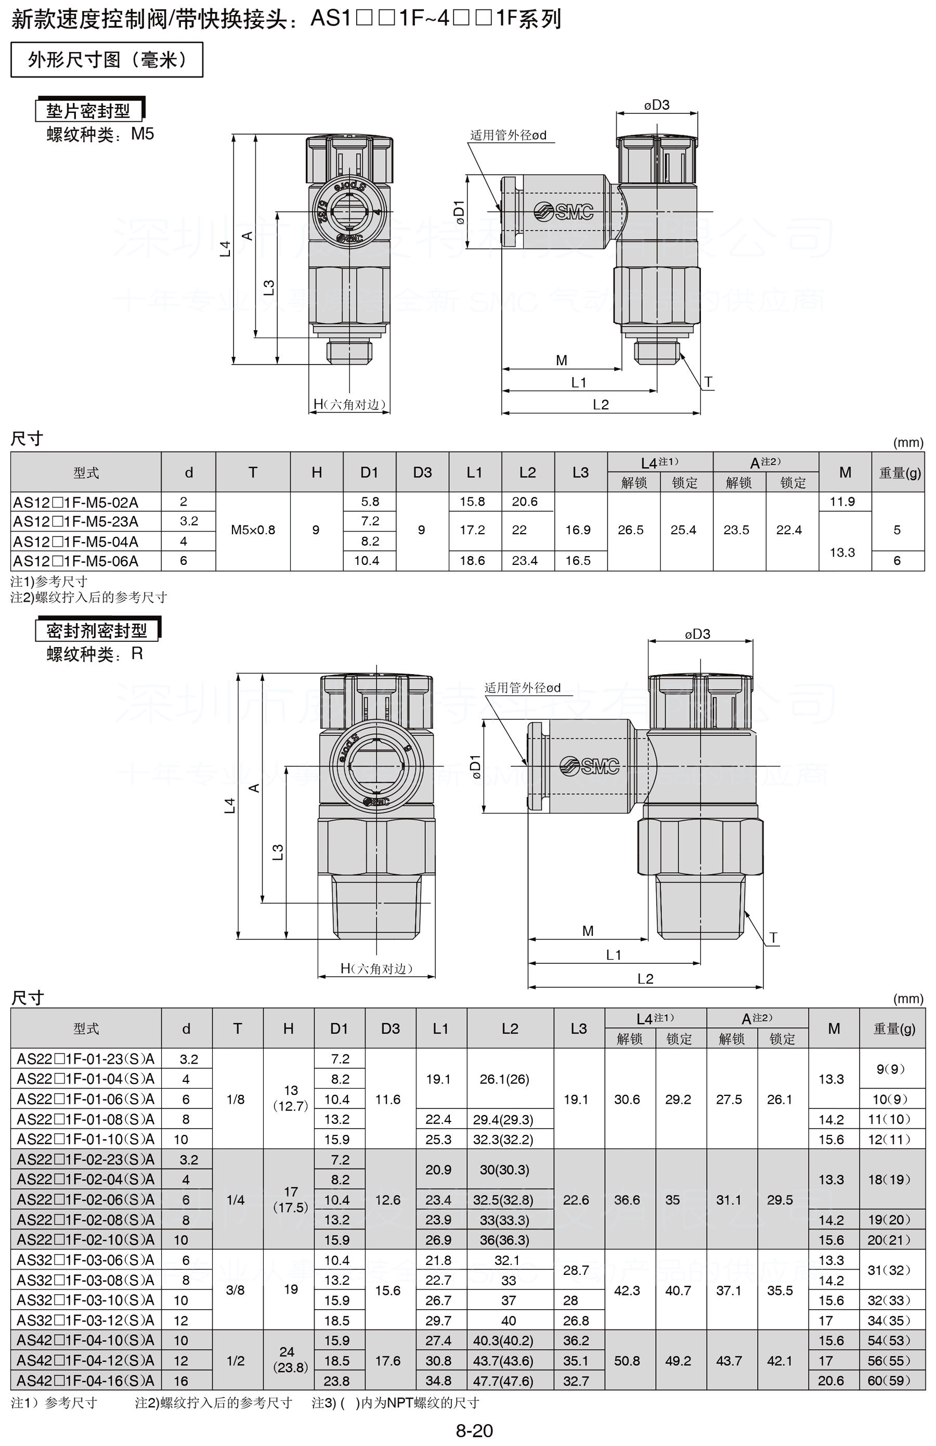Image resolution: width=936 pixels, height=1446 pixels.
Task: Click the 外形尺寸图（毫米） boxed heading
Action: [x=107, y=59]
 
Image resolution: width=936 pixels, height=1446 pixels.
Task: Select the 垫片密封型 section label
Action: [x=89, y=111]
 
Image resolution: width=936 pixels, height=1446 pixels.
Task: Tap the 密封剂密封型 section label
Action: [x=97, y=630]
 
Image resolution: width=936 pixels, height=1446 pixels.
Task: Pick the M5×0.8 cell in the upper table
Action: [x=253, y=530]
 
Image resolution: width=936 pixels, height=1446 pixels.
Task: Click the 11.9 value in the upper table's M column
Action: [x=842, y=501]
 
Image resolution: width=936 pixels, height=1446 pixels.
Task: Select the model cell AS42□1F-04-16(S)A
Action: [x=85, y=1380]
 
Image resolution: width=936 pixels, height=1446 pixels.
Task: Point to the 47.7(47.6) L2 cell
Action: [x=503, y=1381]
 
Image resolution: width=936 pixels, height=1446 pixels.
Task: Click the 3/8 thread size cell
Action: [x=235, y=1290]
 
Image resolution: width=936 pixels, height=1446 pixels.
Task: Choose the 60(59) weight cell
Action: [x=889, y=1380]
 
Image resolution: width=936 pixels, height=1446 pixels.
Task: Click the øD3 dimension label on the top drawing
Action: [x=657, y=105]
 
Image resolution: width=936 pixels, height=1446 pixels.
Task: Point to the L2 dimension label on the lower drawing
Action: [x=645, y=979]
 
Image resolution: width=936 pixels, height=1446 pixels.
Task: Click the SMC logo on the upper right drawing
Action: [x=564, y=211]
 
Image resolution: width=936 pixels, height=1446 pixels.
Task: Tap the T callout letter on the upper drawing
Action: [x=708, y=382]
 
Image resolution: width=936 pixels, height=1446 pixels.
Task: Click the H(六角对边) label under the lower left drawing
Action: [x=376, y=969]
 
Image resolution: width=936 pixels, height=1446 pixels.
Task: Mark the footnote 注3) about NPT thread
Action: [x=395, y=1403]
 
